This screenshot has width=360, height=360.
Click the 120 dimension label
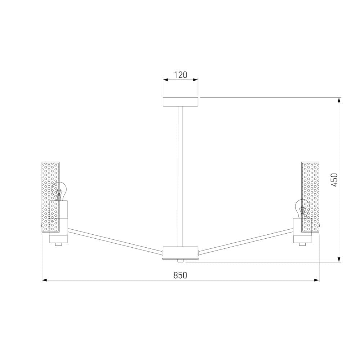pos(180,75)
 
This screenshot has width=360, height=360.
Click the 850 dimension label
pos(180,275)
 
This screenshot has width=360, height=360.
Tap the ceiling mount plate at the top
pos(180,102)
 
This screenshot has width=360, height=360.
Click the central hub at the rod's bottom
pos(180,252)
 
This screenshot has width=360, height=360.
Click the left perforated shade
pos(50,196)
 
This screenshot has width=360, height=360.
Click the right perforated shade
pos(311,196)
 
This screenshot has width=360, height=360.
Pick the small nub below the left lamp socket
pos(58,244)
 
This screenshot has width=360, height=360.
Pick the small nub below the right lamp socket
pos(302,244)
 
